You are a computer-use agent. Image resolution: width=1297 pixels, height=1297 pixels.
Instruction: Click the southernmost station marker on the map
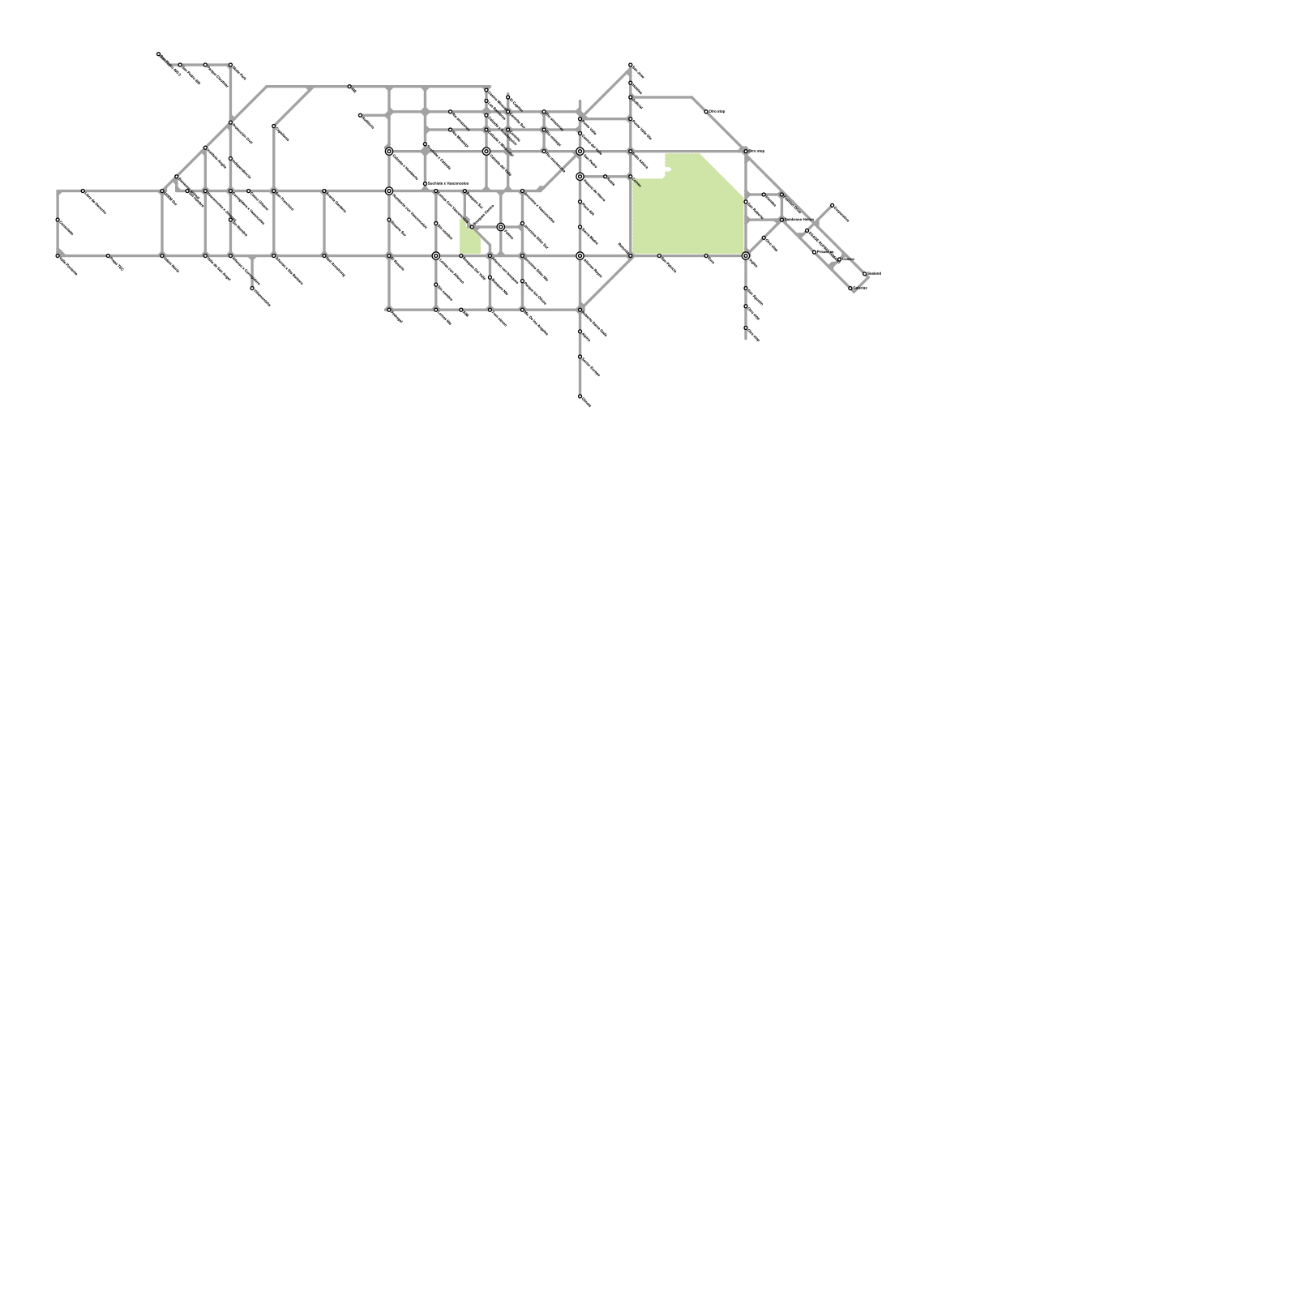pyautogui.click(x=580, y=396)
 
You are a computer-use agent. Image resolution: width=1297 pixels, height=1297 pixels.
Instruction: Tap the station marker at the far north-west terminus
pyautogui.click(x=158, y=54)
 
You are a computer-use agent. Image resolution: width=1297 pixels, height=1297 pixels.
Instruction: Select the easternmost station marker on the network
pyautogui.click(x=866, y=274)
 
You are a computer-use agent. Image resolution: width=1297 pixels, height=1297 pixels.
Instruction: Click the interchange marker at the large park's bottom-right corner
pyautogui.click(x=746, y=256)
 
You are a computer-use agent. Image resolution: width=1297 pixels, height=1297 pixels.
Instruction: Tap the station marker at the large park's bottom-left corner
pyautogui.click(x=631, y=256)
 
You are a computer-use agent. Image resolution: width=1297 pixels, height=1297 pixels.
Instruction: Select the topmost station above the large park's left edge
pyautogui.click(x=631, y=65)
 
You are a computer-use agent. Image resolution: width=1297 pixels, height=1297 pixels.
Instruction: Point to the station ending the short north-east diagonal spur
pyautogui.click(x=833, y=205)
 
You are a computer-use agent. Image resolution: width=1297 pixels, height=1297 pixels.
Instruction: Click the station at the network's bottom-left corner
pyautogui.click(x=58, y=256)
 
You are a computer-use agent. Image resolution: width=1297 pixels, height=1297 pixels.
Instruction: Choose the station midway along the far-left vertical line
pyautogui.click(x=58, y=220)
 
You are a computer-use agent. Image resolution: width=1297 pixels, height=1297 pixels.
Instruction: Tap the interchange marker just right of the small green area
pyautogui.click(x=501, y=227)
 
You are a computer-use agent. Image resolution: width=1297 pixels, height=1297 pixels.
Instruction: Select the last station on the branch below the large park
pyautogui.click(x=746, y=327)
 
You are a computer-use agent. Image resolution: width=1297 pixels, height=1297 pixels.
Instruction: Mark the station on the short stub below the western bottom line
pyautogui.click(x=252, y=288)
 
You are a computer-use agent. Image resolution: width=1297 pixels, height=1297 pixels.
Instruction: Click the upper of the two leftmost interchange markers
pyautogui.click(x=389, y=152)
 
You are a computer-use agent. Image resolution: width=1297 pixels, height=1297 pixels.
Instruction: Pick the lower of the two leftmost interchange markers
pyautogui.click(x=389, y=191)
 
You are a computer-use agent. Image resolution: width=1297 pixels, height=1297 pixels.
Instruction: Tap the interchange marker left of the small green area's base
pyautogui.click(x=436, y=256)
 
